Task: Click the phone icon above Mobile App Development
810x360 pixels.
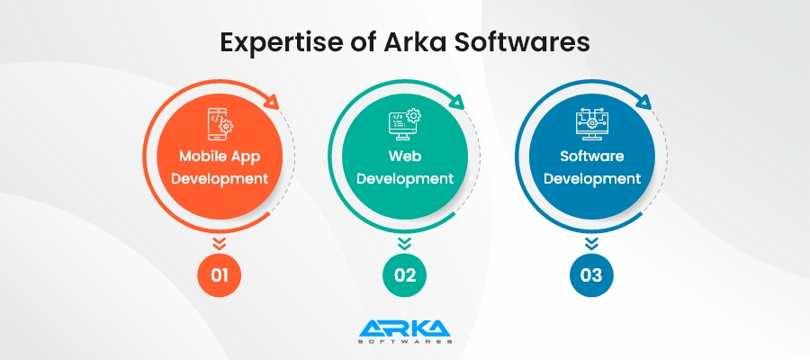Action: (x=219, y=124)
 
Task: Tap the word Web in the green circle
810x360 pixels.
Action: (x=405, y=156)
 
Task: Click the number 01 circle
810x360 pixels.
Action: (x=219, y=274)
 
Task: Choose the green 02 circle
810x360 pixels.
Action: (x=405, y=274)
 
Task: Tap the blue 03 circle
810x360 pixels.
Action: (x=591, y=274)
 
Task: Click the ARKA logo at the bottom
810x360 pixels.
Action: (x=405, y=330)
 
